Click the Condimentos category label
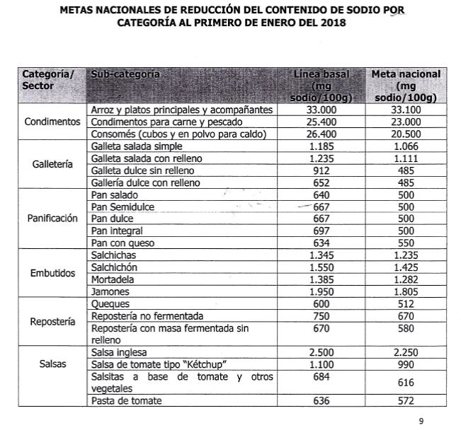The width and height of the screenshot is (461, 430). (x=52, y=122)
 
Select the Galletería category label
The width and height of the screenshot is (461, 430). (x=52, y=164)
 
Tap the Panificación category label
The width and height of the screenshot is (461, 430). (x=52, y=219)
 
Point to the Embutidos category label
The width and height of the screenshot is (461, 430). (x=52, y=273)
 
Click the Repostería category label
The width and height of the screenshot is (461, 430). (x=52, y=321)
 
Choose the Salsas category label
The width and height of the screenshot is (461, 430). (x=52, y=364)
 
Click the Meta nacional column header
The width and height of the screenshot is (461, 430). (x=406, y=85)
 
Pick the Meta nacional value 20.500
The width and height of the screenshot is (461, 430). (x=406, y=134)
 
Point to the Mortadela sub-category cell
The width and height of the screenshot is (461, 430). (x=113, y=279)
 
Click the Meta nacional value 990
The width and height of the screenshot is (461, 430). (x=406, y=364)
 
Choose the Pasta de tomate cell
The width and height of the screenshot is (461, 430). (x=123, y=402)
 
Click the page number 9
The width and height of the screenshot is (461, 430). (x=421, y=422)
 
